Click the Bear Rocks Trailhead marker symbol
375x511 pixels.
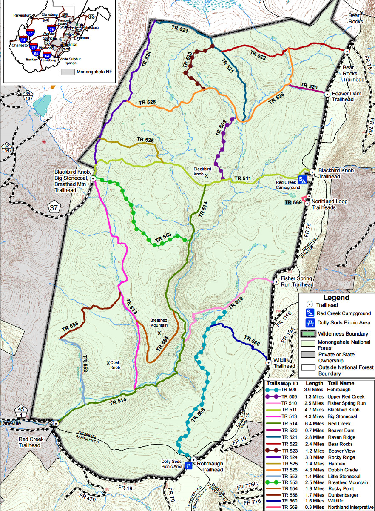pyautogui.click(x=347, y=51)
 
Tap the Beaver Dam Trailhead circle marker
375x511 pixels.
pyautogui.click(x=327, y=93)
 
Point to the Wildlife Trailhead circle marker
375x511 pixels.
pyautogui.click(x=269, y=362)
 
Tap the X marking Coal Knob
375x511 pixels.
pyautogui.click(x=108, y=363)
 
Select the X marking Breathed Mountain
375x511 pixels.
pyautogui.click(x=159, y=333)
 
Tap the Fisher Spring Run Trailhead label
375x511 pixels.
pyautogui.click(x=297, y=281)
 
